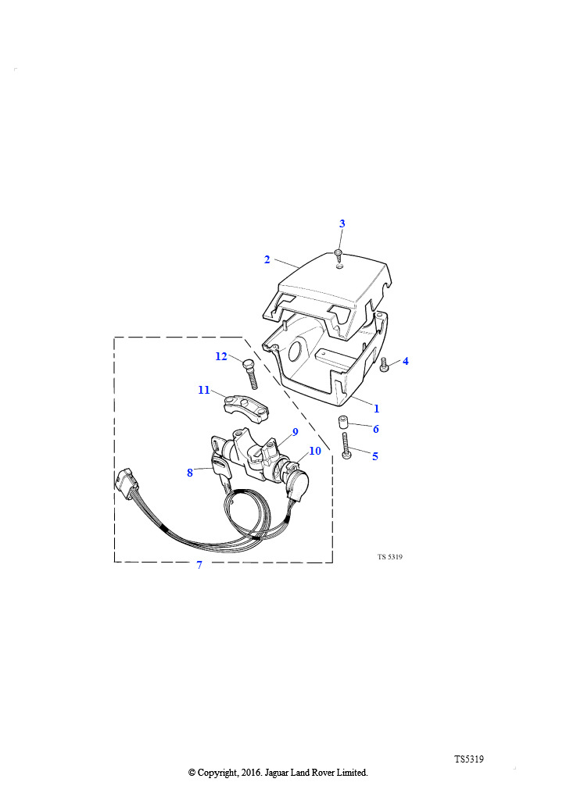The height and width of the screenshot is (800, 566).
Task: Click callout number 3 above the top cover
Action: pos(342,223)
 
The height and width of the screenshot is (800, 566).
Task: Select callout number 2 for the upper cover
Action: pos(267,259)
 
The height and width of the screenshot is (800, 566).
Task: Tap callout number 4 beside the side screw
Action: pos(405,361)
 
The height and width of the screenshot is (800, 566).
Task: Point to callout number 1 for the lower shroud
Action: pos(377,409)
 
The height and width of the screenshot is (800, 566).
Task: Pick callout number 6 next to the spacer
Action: pos(375,429)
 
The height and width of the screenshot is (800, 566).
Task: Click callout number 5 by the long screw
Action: pos(375,456)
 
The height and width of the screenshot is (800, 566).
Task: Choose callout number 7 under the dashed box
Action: pos(199,565)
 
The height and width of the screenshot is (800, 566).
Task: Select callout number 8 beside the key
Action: pos(190,473)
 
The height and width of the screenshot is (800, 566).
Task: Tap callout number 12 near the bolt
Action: pos(221,356)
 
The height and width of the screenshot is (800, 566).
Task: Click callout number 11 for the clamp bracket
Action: pos(203,390)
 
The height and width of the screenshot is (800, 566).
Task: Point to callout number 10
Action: pos(315,451)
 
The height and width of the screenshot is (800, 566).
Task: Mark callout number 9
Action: pos(295,432)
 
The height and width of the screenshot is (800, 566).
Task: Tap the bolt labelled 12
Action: pos(250,373)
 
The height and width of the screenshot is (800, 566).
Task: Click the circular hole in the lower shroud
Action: pos(296,352)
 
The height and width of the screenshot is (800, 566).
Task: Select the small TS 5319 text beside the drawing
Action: pos(390,556)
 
